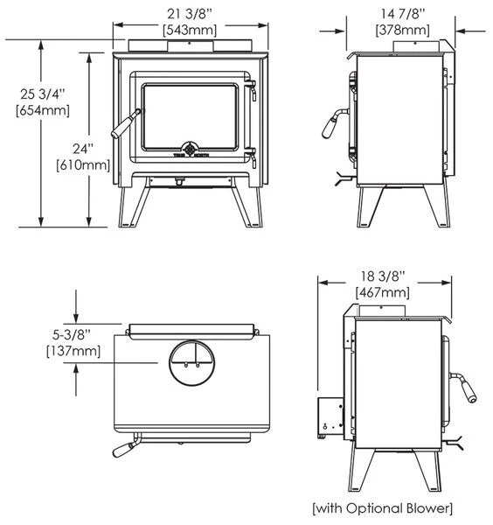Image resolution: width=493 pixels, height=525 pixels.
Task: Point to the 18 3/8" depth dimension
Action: click(x=384, y=275)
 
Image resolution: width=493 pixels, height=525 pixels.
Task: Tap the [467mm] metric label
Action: click(x=384, y=292)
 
